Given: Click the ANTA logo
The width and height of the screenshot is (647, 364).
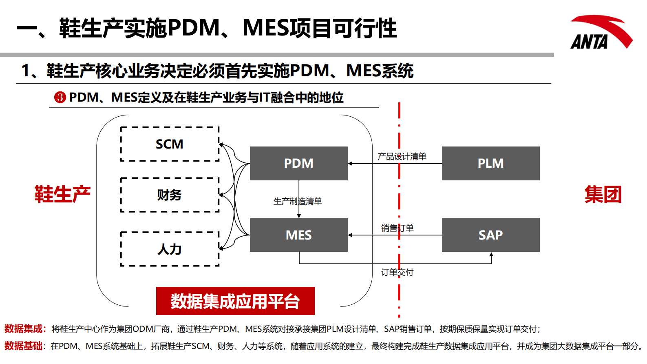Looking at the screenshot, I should (x=600, y=33).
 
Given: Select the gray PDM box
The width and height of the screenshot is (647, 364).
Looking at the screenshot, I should (x=298, y=163).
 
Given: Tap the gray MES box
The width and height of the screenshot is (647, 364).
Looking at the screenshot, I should (x=298, y=235).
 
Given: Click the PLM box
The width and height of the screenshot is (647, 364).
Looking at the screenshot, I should (x=490, y=163).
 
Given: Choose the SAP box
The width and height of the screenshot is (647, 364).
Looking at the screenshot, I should (x=490, y=235).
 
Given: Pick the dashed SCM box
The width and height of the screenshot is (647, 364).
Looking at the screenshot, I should (x=170, y=144).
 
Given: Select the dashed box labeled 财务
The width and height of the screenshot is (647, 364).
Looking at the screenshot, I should (x=170, y=195).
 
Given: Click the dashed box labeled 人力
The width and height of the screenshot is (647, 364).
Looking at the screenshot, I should (x=170, y=249).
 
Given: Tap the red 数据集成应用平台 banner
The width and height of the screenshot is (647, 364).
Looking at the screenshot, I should (x=235, y=301).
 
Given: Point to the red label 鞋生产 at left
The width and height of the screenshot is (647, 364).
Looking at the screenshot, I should (x=62, y=194).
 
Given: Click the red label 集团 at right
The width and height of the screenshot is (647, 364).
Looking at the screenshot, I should (x=603, y=194).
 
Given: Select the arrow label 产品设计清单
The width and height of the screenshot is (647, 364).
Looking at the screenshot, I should (x=402, y=156).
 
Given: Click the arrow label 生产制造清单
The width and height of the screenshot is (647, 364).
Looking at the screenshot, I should (x=298, y=201).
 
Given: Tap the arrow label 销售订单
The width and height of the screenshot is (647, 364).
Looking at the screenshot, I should (x=397, y=228).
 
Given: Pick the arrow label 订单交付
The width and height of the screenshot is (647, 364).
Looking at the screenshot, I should (x=397, y=272).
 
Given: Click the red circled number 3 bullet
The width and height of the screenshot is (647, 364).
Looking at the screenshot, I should (x=60, y=98).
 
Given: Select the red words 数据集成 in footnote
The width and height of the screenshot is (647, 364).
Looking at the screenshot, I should (x=23, y=329).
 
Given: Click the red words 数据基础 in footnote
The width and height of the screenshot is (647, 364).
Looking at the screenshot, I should (x=23, y=346).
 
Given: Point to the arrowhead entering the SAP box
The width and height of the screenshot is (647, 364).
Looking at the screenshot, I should (x=491, y=255).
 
